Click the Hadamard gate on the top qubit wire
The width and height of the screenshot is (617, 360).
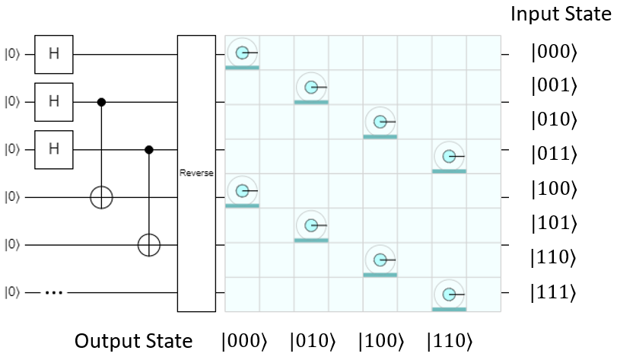[x=53, y=54]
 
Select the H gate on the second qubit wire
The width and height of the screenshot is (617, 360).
[x=53, y=101]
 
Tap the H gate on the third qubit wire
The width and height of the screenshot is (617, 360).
[x=53, y=149]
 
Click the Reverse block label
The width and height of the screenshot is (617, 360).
[x=197, y=174]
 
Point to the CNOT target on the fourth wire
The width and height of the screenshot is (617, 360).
[x=101, y=197]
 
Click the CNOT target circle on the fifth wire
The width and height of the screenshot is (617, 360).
[x=149, y=245]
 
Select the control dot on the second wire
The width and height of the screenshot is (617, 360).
[x=101, y=101]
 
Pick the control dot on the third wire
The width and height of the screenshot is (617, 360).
[x=149, y=149]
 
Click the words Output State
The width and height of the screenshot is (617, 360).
[x=133, y=340]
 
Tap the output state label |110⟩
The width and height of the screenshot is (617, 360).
[x=448, y=340]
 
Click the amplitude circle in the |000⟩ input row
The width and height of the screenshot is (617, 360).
[x=242, y=53]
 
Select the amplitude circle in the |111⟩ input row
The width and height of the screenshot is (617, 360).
[x=449, y=293]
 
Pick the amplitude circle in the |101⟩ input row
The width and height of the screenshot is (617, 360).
[x=311, y=225]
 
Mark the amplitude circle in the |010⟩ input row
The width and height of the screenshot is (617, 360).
[x=380, y=122]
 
